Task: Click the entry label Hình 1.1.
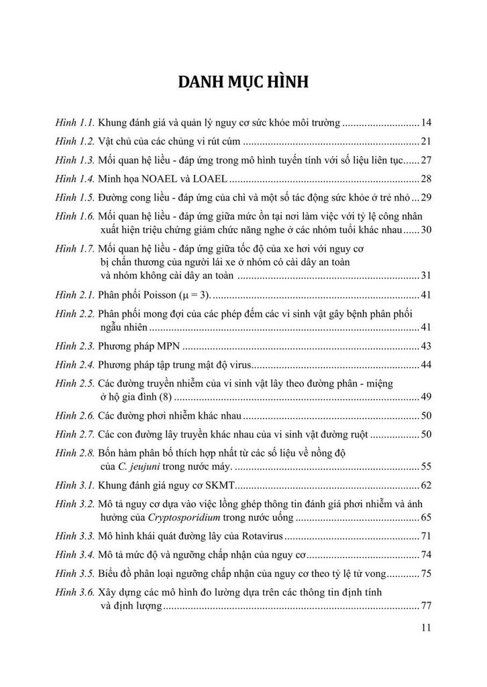[x=76, y=123]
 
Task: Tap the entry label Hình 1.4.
[x=76, y=178]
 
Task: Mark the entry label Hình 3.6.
[x=76, y=593]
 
